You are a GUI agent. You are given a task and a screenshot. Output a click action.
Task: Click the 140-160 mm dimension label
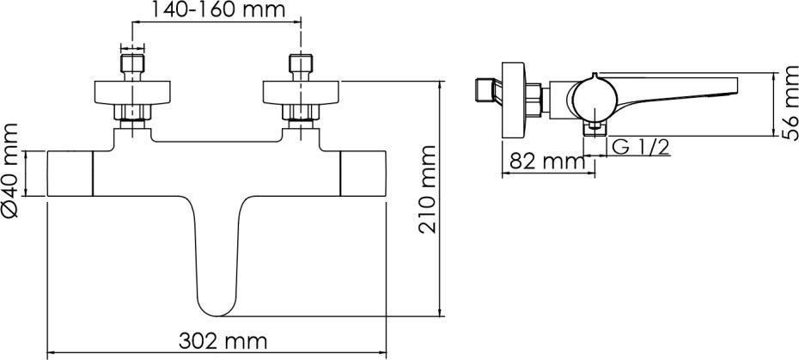coord(216,9)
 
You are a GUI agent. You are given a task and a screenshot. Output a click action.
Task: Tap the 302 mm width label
coord(223,341)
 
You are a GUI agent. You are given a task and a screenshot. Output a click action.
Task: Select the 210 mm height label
coord(428,190)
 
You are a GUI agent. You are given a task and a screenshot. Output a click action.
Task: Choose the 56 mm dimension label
coord(790,102)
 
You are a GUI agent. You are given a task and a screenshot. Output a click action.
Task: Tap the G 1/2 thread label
coord(639,147)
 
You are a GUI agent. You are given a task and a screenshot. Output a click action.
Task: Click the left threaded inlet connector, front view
coord(132,64)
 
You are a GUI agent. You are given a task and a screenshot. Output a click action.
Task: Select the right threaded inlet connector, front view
coord(301,64)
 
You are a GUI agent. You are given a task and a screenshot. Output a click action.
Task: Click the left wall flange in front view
coord(132,93)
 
